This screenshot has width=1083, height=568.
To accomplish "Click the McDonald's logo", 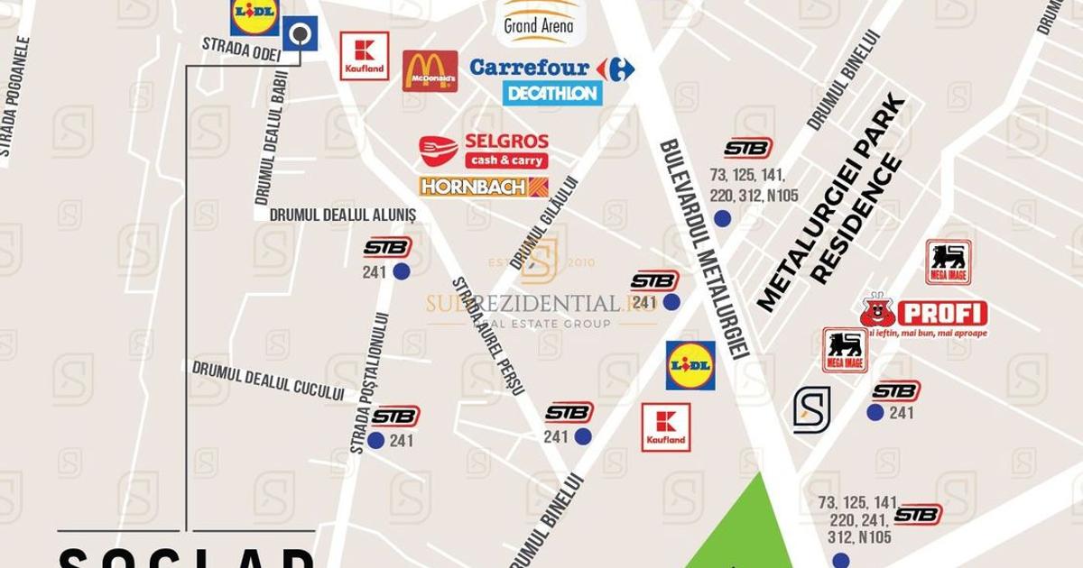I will pos(430,71).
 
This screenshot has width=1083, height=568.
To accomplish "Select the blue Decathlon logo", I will pos(552,94).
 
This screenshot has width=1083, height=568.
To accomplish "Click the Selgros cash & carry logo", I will pos(485,151).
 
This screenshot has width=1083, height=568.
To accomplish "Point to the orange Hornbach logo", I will pos(483,187).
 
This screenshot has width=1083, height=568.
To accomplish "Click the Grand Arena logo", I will pos(539,22).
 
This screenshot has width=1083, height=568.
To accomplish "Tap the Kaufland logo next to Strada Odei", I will pos(365,56).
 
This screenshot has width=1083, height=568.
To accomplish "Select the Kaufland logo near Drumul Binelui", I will pos(665,427).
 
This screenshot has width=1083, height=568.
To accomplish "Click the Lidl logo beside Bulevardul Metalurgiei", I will pos(690,365).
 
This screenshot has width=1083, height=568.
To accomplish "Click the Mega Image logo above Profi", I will pos(948,262).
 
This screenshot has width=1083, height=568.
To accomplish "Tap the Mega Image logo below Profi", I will pos(845,350).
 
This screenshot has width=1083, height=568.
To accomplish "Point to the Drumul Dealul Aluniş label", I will pos(343,215).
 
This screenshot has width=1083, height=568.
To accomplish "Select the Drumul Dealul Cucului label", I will pos(268,380).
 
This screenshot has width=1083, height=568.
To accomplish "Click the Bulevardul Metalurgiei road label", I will pos(705,249).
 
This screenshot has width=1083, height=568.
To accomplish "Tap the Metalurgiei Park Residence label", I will pos(831,202).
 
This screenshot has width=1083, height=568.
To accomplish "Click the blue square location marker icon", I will pos(300,34).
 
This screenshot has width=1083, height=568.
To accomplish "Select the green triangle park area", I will pos(745,532).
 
